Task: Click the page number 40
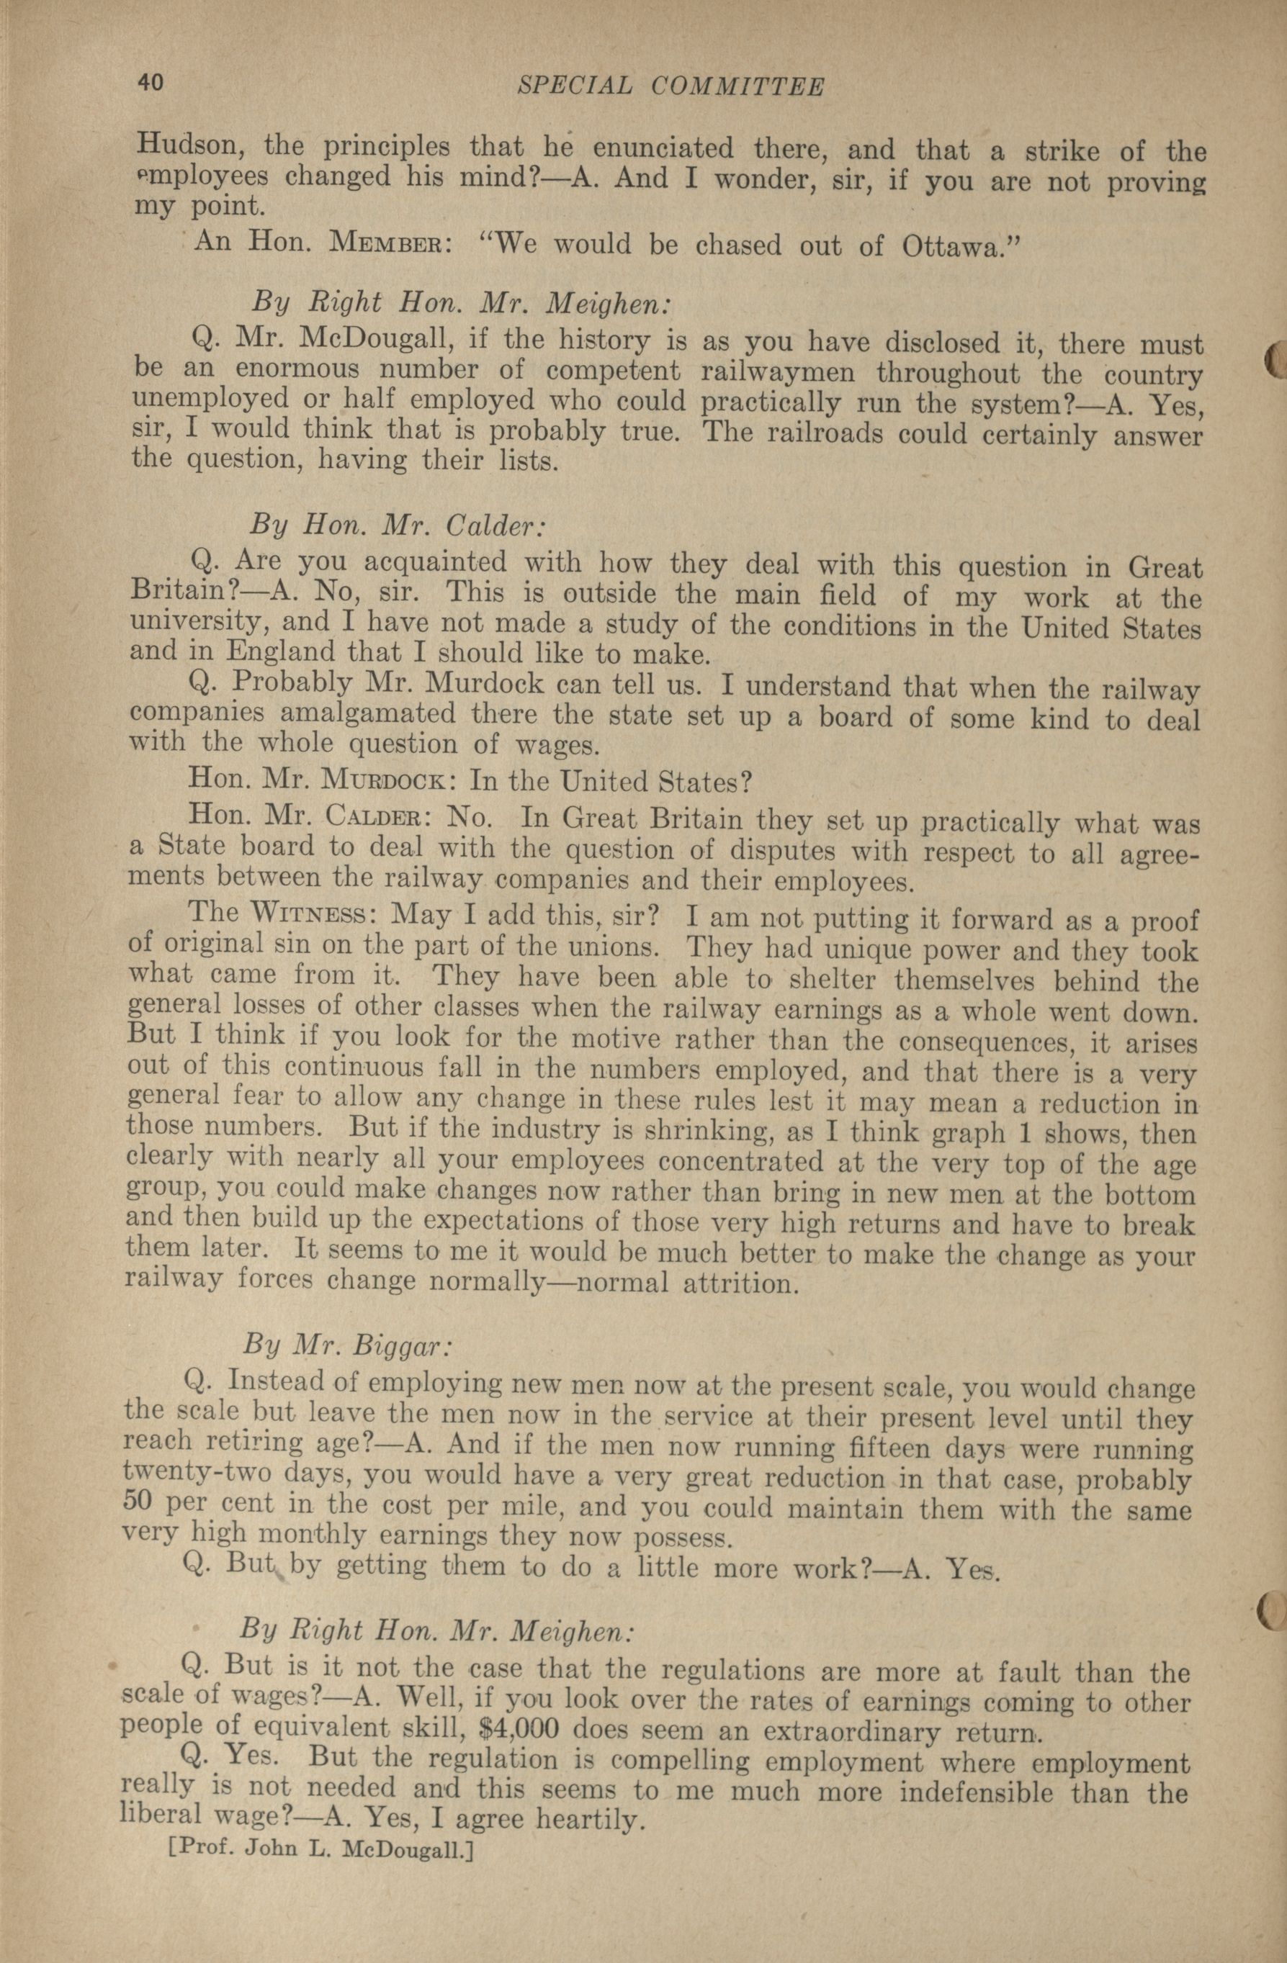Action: (151, 83)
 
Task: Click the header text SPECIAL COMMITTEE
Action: (671, 86)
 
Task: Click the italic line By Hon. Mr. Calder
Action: (398, 525)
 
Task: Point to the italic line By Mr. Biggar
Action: (347, 1345)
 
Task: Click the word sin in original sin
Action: (290, 944)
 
